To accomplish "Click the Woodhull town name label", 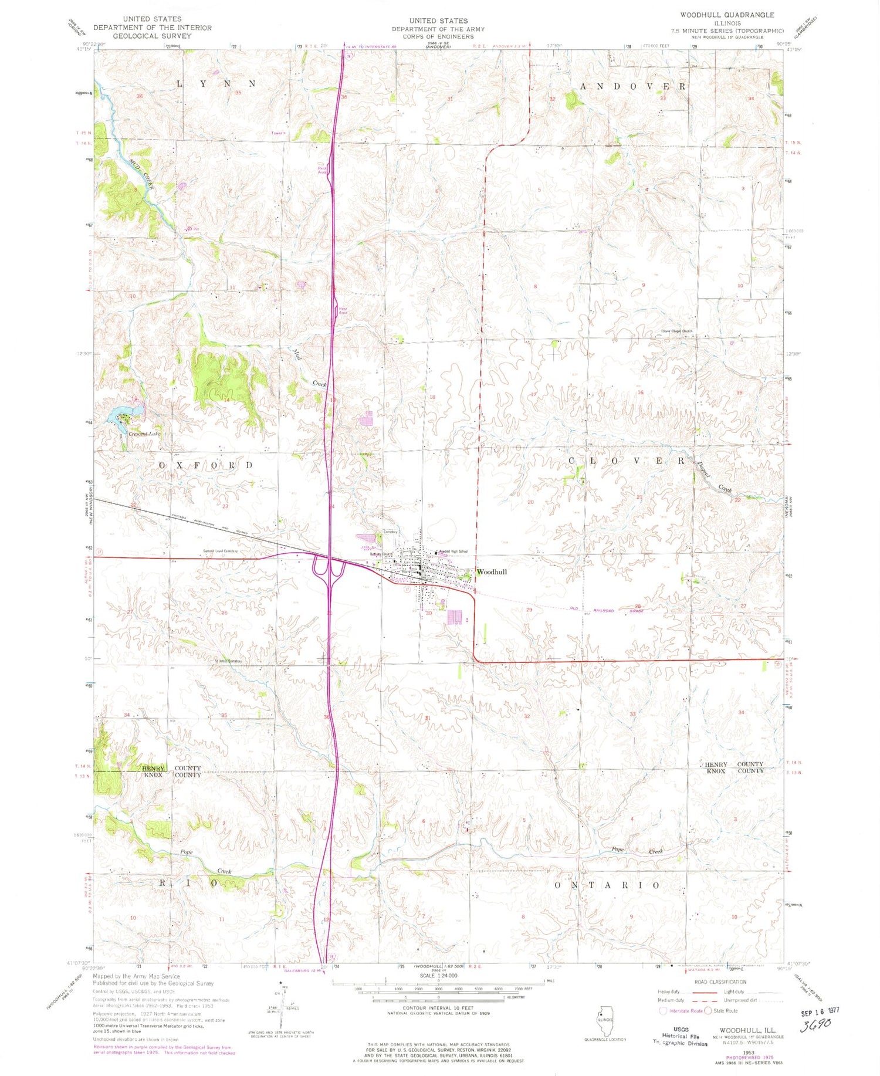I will coord(492,571).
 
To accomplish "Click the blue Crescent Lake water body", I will coord(116,415).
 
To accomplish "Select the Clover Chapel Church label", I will coord(677,331).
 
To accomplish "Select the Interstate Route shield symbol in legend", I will coord(664,1011).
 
